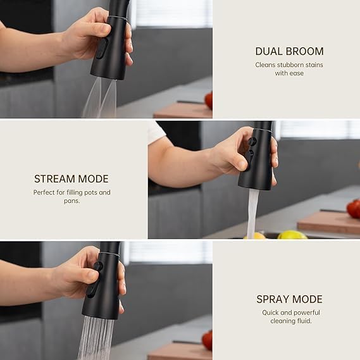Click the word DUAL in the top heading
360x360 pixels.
(x=266, y=51)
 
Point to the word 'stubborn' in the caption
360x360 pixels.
(x=289, y=65)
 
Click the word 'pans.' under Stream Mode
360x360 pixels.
(x=72, y=201)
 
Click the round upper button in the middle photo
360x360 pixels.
(x=252, y=141)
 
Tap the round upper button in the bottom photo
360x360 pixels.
(x=98, y=266)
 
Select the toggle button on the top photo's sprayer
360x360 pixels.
(x=102, y=48)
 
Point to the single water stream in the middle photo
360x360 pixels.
(x=252, y=213)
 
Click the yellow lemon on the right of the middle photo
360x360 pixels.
(x=292, y=235)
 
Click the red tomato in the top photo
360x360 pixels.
(x=209, y=101)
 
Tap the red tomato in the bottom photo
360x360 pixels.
(x=208, y=340)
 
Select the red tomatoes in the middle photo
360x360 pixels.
(x=353, y=208)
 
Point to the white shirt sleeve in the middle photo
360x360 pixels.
(x=156, y=132)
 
